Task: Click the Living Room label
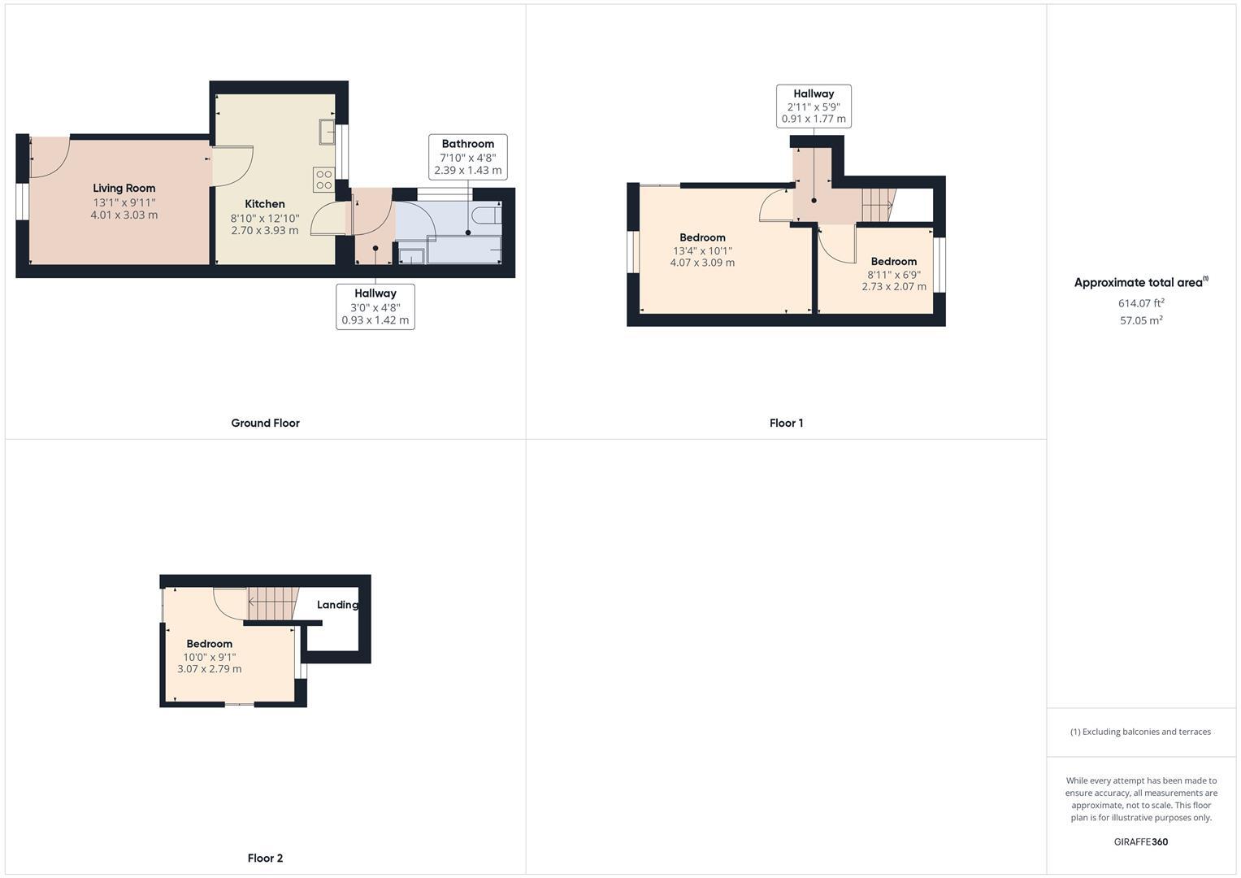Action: click(x=124, y=188)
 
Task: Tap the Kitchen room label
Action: click(x=265, y=204)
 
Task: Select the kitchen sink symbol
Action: click(x=327, y=131)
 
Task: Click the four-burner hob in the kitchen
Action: click(x=323, y=180)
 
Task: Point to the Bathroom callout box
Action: click(x=467, y=157)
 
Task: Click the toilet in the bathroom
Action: click(x=487, y=215)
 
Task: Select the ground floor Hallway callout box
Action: click(x=375, y=306)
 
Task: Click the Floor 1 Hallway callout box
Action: click(x=814, y=106)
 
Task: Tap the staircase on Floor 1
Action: click(x=877, y=204)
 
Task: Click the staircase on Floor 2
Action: click(x=272, y=602)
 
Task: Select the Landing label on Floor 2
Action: click(x=336, y=605)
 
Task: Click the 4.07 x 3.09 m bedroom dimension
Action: click(x=702, y=263)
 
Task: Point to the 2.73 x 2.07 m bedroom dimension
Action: click(x=894, y=286)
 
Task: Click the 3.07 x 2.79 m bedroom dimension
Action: click(x=209, y=669)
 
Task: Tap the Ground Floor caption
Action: click(x=265, y=423)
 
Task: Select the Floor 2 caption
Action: click(x=265, y=858)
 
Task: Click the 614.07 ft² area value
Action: click(x=1141, y=303)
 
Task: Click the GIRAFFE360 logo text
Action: click(x=1140, y=841)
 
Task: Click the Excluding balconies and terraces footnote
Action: click(x=1140, y=732)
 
